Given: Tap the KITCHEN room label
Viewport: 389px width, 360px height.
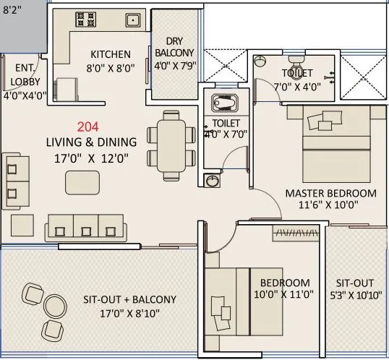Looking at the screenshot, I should coord(111,54).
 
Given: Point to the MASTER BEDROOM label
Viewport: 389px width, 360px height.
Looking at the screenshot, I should coord(330,193).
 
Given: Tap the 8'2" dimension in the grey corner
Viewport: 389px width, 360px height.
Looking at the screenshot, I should coord(12,9).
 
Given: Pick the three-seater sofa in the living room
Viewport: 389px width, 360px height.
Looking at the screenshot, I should coord(85,226).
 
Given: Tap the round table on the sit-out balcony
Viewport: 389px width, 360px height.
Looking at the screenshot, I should coord(54,304).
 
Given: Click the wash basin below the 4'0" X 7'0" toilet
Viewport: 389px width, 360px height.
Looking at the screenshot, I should coord(212,181).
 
